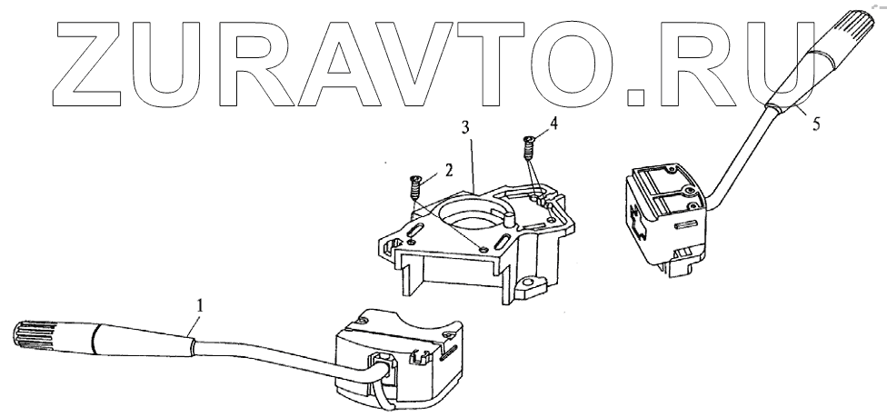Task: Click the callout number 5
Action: coord(815,124)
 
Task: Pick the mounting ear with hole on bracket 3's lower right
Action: coord(528,289)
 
